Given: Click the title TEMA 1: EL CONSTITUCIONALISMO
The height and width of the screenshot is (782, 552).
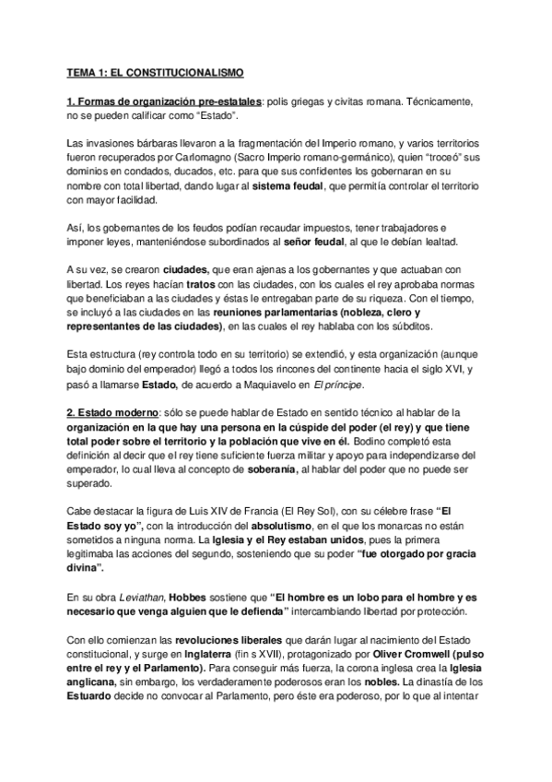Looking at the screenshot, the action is pyautogui.click(x=153, y=71).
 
